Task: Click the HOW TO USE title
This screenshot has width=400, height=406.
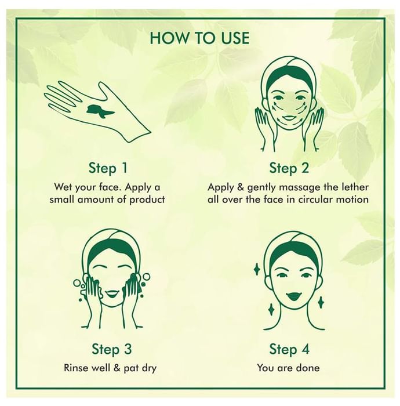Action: click(x=199, y=38)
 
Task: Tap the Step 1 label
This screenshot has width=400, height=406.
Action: click(x=108, y=168)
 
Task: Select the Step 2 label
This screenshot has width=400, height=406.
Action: click(x=289, y=168)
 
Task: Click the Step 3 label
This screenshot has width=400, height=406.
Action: click(x=112, y=349)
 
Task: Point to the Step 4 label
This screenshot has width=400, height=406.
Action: click(x=289, y=349)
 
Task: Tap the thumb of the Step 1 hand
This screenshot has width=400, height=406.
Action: click(x=104, y=90)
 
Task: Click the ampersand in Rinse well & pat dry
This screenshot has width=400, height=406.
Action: click(x=117, y=368)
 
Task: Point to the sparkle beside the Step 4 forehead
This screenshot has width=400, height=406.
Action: click(x=257, y=270)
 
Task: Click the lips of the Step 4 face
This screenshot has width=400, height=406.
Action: click(x=293, y=295)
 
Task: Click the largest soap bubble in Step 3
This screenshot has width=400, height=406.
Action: click(x=146, y=276)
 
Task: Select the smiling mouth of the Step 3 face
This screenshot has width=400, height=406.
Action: click(x=112, y=294)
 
